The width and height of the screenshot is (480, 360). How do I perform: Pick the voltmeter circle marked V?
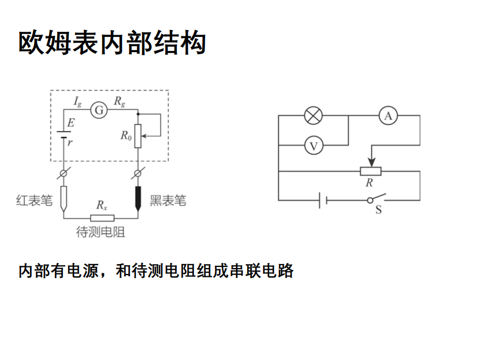(x=313, y=145)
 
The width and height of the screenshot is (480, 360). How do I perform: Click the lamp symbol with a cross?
(x=313, y=116)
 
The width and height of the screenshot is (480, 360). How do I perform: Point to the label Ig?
(x=77, y=102)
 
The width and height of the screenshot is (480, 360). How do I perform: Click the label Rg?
(x=120, y=102)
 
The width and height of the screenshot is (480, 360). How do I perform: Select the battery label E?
(x=70, y=123)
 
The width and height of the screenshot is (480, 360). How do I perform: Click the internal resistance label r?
(x=70, y=142)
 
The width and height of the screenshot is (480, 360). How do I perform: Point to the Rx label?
(x=101, y=205)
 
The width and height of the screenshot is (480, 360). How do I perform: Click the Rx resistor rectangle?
(x=102, y=218)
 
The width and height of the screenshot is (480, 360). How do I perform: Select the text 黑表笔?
(x=168, y=201)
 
